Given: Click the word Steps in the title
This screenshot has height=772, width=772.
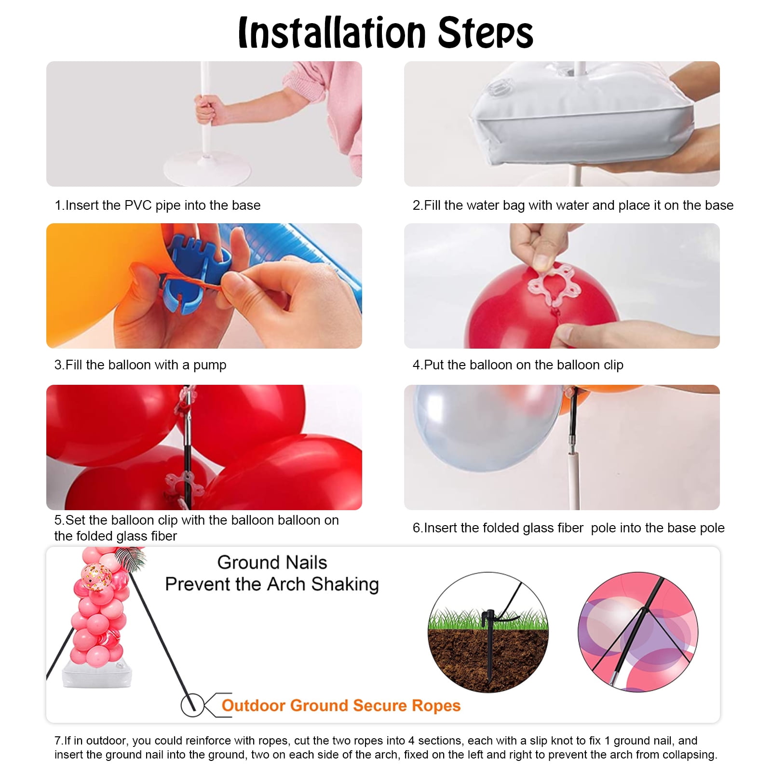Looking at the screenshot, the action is [486, 32].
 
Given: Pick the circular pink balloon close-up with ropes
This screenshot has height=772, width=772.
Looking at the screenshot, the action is [637, 632].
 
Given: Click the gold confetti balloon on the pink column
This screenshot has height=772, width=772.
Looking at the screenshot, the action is [96, 576].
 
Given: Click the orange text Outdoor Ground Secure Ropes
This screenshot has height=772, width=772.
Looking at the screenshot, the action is [341, 705].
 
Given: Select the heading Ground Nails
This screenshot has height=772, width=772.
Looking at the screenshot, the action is [272, 562].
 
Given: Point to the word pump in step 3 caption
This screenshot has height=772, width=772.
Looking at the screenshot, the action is [210, 366].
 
